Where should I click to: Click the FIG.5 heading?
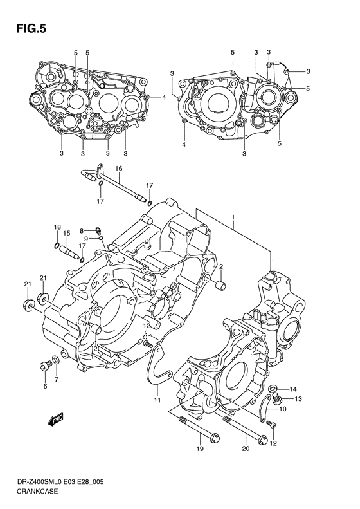pyautogui.click(x=31, y=29)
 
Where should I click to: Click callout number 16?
pyautogui.click(x=119, y=168)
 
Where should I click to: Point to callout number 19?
pyautogui.click(x=200, y=449)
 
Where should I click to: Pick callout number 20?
pyautogui.click(x=246, y=449)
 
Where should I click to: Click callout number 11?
pyautogui.click(x=157, y=400)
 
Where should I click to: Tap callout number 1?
pyautogui.click(x=233, y=216)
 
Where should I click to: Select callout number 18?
pyautogui.click(x=57, y=227)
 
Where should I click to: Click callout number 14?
pyautogui.click(x=293, y=389)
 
